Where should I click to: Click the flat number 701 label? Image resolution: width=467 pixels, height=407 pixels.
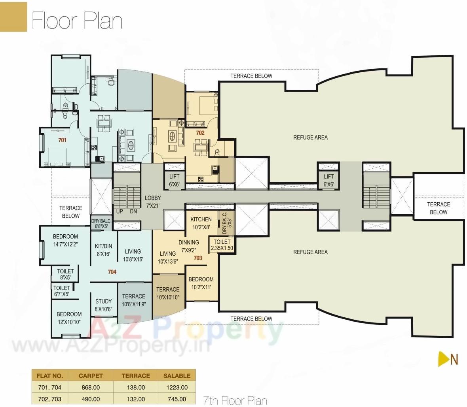[x=62, y=140]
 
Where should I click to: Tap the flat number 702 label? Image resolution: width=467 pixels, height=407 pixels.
[x=200, y=133]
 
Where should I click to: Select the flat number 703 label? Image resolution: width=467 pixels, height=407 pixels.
[x=198, y=258]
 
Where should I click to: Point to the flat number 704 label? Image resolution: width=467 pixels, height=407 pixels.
[x=112, y=272]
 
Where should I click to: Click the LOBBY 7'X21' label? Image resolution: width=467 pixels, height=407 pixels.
[x=153, y=201]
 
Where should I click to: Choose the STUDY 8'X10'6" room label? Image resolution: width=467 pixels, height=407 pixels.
[x=103, y=305]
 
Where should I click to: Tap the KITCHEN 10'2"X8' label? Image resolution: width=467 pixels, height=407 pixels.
[x=201, y=223]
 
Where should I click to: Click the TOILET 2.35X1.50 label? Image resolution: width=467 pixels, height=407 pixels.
[x=222, y=245]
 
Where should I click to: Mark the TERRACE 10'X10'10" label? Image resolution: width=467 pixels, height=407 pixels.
[x=168, y=293]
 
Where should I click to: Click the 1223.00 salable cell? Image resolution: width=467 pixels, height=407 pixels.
[x=175, y=387]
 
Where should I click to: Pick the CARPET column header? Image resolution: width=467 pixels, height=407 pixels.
[x=91, y=376]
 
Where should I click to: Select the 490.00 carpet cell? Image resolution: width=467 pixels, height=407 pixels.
[x=91, y=399]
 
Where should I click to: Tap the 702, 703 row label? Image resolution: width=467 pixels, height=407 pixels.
[x=49, y=399]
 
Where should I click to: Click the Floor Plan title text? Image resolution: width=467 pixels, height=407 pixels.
[x=77, y=21]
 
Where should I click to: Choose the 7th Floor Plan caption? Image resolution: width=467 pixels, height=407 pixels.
[x=235, y=400]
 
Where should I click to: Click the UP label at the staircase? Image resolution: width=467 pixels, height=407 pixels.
[x=120, y=211]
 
